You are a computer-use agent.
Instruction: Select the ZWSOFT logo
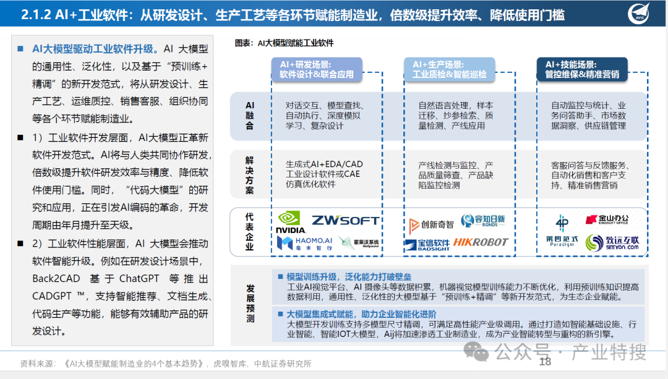click(x=345, y=221)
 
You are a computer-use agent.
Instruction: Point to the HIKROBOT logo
click(x=479, y=242)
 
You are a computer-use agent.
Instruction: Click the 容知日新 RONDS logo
click(x=482, y=220)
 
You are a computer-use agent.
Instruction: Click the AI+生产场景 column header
click(x=449, y=69)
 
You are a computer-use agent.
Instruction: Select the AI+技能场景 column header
click(x=581, y=69)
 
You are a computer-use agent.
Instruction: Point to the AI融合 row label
click(x=250, y=116)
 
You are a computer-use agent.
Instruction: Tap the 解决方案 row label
click(x=250, y=175)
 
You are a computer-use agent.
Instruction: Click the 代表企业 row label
click(x=250, y=232)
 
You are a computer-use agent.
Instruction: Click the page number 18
click(x=545, y=362)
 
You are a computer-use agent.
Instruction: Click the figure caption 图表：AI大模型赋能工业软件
click(x=284, y=43)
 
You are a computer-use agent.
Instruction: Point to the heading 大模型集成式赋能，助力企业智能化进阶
click(x=361, y=313)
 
